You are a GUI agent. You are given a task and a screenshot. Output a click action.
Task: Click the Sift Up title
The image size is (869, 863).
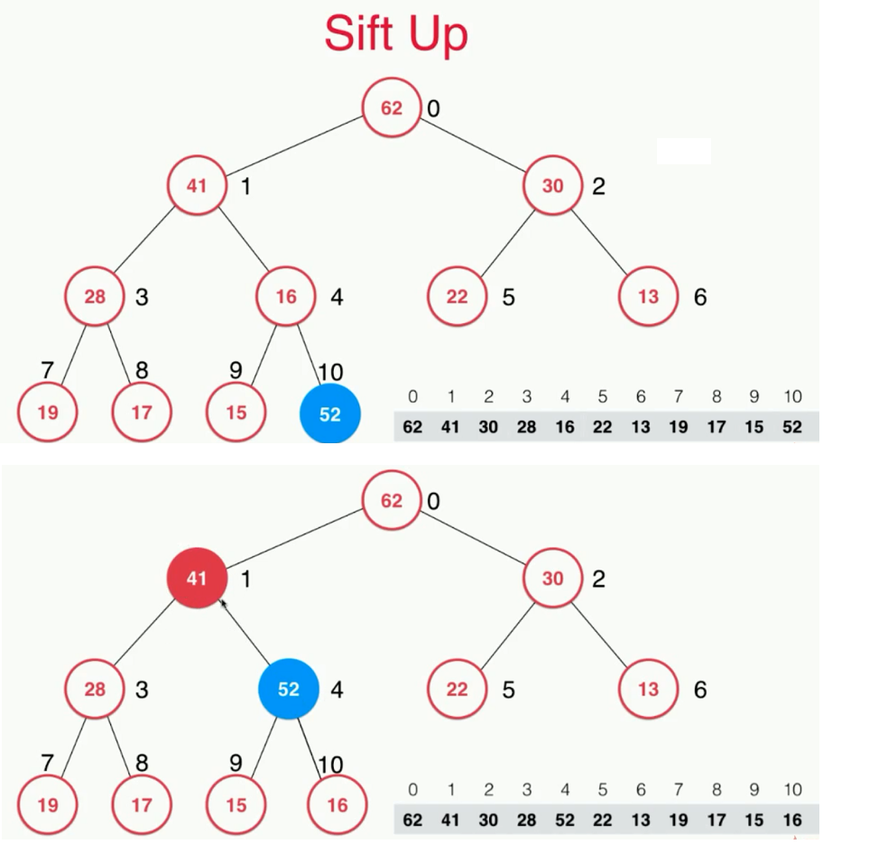[396, 34]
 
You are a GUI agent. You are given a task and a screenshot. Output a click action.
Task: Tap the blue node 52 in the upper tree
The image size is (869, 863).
[330, 414]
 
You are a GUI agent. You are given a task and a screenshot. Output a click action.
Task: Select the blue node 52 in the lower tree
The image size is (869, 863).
[288, 689]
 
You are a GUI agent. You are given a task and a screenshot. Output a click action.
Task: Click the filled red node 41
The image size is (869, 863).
[197, 579]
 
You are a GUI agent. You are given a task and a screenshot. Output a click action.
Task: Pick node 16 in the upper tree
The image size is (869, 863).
[285, 297]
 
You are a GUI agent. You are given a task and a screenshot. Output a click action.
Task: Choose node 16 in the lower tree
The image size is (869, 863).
[337, 804]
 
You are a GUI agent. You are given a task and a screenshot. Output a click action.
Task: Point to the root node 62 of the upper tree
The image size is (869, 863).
[392, 108]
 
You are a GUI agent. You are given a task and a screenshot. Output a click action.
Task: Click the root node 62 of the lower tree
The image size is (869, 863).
[392, 500]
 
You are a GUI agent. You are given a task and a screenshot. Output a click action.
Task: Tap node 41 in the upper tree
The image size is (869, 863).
[197, 186]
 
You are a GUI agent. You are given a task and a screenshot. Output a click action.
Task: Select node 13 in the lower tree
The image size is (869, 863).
[648, 690]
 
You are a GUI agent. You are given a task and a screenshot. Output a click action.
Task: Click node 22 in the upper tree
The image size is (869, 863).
[458, 297]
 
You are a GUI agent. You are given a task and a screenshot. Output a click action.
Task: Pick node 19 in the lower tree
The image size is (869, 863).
[48, 804]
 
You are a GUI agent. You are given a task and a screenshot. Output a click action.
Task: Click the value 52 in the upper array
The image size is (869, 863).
[792, 427]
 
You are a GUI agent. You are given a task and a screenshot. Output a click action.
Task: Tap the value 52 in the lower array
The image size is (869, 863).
[565, 821]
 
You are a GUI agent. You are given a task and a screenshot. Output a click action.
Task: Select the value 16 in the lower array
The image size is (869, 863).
[792, 821]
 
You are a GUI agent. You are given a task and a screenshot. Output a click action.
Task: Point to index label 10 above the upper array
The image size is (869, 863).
[792, 396]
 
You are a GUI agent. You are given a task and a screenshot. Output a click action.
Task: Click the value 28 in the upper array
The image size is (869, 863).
[526, 427]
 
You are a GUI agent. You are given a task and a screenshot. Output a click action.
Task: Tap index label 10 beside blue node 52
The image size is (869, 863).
[330, 372]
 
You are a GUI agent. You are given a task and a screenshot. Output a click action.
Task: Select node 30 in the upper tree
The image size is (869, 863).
[552, 186]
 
